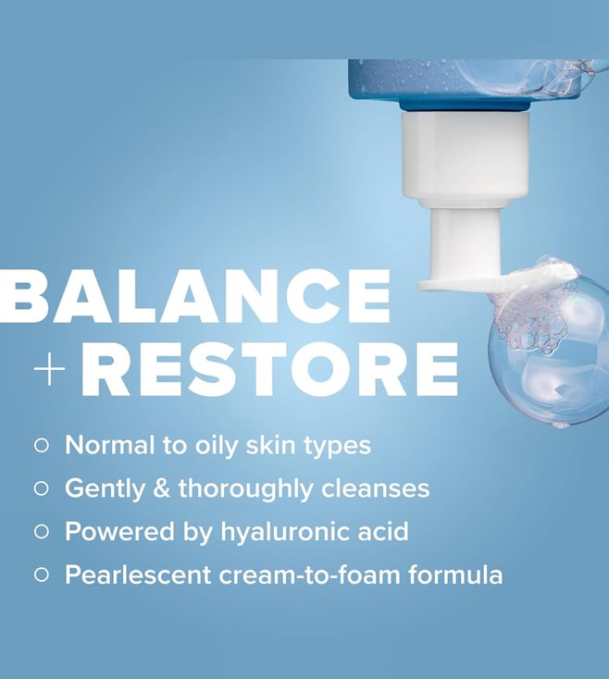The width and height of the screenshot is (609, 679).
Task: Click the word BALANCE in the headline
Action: click(x=195, y=296)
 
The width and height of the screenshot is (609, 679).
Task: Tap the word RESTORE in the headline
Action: click(x=269, y=369)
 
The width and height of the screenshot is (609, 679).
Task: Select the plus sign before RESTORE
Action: click(x=49, y=369)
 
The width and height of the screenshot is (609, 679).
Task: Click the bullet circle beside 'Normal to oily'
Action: click(x=41, y=446)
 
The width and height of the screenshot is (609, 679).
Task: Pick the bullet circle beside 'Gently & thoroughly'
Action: click(x=41, y=488)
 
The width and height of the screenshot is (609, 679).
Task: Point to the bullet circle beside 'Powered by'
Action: click(x=41, y=532)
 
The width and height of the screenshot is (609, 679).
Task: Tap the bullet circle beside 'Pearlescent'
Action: click(x=41, y=575)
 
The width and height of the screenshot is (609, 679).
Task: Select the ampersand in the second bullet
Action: click(x=162, y=488)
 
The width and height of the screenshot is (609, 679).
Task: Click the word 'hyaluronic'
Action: click(x=285, y=532)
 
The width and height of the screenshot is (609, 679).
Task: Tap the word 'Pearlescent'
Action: click(x=138, y=575)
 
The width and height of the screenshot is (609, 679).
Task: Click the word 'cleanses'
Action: click(x=375, y=488)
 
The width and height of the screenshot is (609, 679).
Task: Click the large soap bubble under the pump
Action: click(x=549, y=351)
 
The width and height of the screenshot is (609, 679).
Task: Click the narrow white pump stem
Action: click(x=466, y=243)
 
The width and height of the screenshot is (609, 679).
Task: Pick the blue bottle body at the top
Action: click(x=477, y=82)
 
